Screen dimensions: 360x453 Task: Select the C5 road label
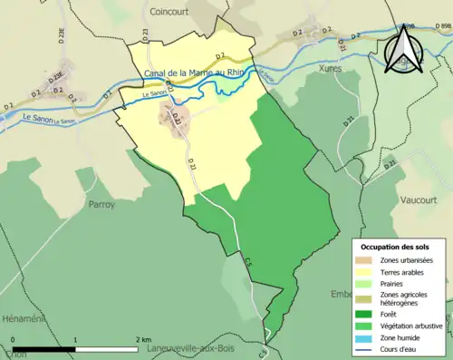click(x=248, y=260)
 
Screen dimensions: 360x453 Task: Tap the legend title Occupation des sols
click(x=397, y=247)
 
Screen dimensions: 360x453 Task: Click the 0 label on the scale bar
click(x=13, y=339)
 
